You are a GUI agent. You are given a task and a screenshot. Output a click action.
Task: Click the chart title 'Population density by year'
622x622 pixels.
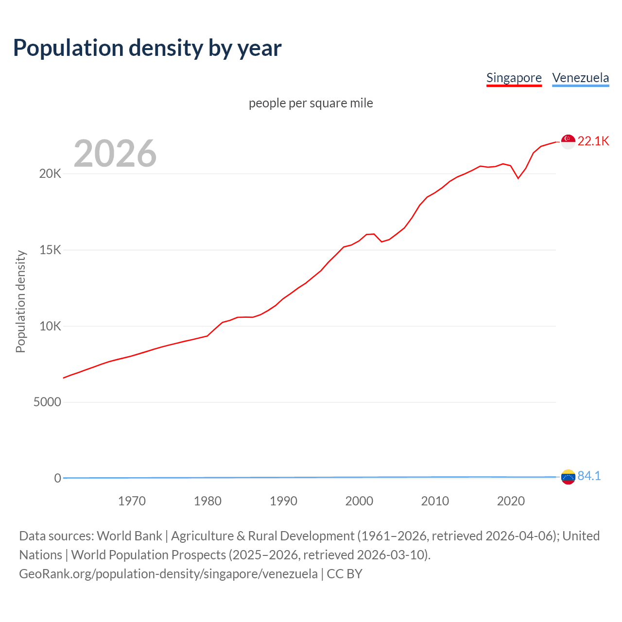(x=147, y=48)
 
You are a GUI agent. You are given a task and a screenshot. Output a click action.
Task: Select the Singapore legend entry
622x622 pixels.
(x=514, y=78)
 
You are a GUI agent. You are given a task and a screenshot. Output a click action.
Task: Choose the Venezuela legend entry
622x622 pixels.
(x=580, y=78)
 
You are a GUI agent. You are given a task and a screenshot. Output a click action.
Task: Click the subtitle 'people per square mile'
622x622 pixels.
(x=311, y=103)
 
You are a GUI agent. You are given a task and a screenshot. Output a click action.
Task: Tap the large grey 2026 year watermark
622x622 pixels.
(x=115, y=154)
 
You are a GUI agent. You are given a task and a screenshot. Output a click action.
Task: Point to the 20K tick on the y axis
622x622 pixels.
(x=50, y=174)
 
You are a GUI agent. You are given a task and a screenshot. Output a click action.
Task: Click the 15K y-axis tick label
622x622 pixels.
(x=50, y=250)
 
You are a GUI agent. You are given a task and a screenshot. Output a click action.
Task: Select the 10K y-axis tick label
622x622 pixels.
(x=50, y=326)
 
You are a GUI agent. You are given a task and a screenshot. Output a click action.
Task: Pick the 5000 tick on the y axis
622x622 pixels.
(x=47, y=402)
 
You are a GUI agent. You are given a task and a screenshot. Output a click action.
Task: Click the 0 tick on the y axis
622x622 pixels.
(x=58, y=478)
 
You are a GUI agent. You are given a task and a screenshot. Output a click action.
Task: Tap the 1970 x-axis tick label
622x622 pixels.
(x=132, y=501)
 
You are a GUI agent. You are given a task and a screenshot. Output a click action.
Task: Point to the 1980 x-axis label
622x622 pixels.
(x=207, y=501)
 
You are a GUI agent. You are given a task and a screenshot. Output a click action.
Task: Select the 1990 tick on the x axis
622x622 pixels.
(x=283, y=501)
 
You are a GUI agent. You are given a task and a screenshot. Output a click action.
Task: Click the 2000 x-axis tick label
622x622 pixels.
(x=359, y=501)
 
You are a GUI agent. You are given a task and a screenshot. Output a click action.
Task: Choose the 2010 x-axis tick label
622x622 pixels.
(x=435, y=501)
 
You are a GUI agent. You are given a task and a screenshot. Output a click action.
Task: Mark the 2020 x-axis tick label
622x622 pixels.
(x=511, y=501)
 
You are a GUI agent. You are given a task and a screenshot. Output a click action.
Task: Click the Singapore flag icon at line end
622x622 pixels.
(x=568, y=141)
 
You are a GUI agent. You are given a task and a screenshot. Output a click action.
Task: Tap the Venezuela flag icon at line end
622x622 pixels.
(x=568, y=477)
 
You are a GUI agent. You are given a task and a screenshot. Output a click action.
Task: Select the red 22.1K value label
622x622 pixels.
(x=593, y=141)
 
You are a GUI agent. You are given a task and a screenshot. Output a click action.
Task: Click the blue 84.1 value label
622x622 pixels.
(x=589, y=476)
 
